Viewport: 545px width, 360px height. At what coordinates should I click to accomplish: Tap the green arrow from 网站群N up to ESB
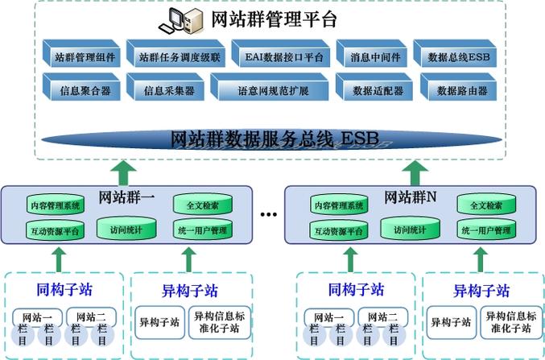(x=415, y=172)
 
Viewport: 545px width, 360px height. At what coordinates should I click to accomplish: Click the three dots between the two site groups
(x=269, y=215)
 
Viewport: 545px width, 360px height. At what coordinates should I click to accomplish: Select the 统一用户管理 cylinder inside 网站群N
(x=485, y=230)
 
